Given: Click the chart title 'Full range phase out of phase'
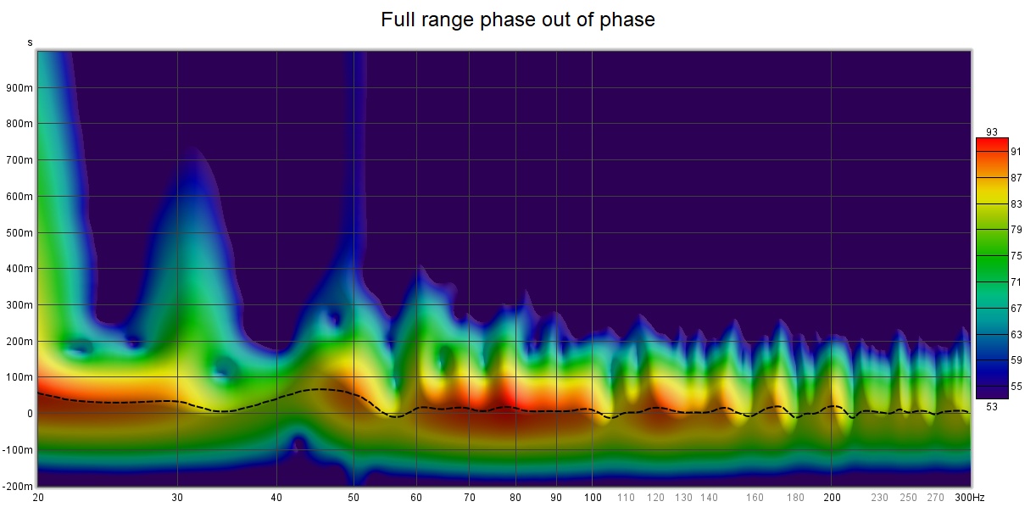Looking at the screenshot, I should (517, 19).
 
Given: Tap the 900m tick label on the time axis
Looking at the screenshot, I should (19, 87).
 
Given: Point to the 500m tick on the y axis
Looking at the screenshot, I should (19, 232).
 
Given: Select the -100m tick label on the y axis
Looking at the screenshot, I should (18, 450).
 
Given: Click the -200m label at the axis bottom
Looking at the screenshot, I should (18, 486).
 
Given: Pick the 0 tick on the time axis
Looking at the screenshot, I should (29, 414).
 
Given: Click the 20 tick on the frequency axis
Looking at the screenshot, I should (38, 498).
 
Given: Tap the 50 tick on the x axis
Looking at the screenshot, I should (354, 498).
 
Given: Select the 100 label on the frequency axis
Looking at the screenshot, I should (593, 498).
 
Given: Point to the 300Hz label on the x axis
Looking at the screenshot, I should (959, 498).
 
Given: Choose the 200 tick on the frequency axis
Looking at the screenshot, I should (832, 498).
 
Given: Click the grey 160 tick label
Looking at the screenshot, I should (755, 498).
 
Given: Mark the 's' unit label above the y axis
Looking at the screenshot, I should (31, 42).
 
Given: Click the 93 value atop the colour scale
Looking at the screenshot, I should (992, 131).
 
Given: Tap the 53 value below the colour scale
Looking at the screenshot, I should (992, 404).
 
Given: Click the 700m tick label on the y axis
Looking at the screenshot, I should (19, 160).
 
